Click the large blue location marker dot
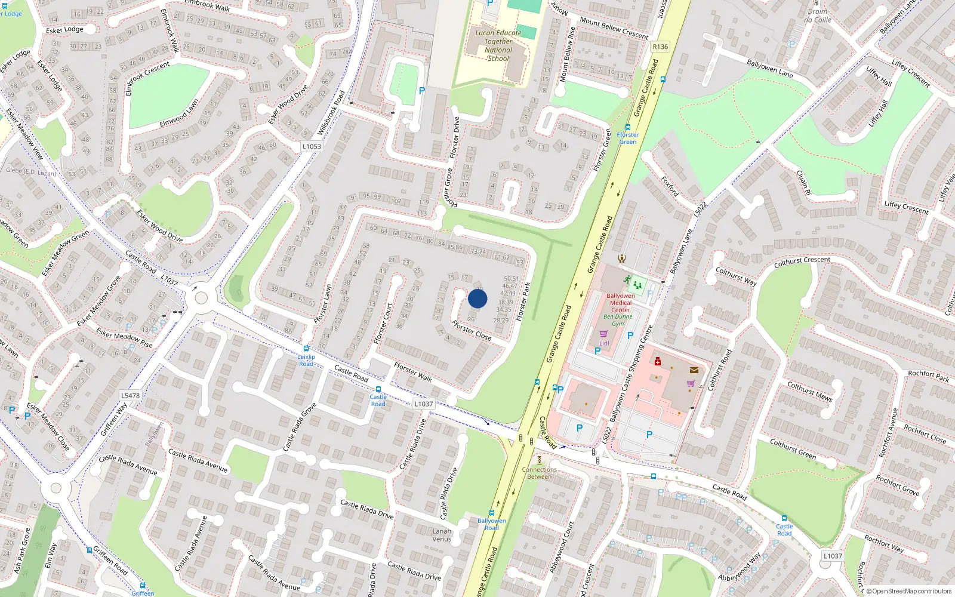pos(478,298)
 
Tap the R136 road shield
pos(660,47)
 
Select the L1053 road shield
pos(312,146)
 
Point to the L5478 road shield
pos(130,395)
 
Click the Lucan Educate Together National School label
pos(498,46)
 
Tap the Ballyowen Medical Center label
pos(621,303)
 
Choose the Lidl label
pos(605,343)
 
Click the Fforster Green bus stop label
pos(627,139)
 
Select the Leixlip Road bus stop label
pos(306,360)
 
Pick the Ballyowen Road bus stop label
pos(491,524)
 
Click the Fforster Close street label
pos(472,330)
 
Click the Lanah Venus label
pos(442,535)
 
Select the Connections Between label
pos(539,473)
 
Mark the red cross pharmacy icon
pos(658,362)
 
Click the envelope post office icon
pos(694,370)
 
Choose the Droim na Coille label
pos(818,16)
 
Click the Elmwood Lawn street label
pos(179,113)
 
